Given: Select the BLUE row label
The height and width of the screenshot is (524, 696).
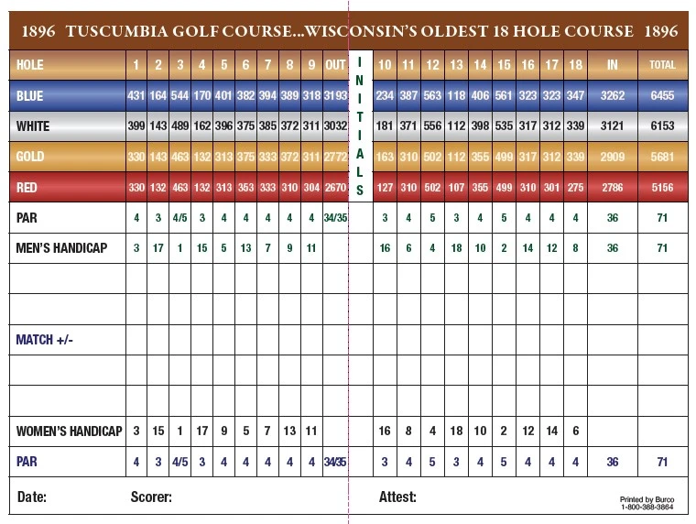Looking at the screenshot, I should tap(30, 95).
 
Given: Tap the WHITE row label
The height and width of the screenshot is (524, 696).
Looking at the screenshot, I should tap(34, 126).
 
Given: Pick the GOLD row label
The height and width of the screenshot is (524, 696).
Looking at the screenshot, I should tap(30, 158).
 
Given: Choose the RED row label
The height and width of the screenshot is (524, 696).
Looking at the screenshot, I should tap(28, 188).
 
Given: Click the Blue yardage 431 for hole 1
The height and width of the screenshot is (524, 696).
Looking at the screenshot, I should tap(136, 95).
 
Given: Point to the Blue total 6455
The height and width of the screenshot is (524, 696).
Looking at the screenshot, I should tap(662, 95).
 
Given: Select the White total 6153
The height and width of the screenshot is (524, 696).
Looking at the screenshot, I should tap(662, 126).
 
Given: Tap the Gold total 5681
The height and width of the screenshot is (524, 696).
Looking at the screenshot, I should tap(662, 158).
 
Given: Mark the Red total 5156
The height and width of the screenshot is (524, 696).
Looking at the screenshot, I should tap(662, 188).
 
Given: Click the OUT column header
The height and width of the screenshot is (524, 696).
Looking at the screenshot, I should tap(335, 65).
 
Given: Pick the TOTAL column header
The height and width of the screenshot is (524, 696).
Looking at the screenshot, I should tap(662, 65).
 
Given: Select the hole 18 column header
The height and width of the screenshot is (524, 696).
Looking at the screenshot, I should tap(575, 65).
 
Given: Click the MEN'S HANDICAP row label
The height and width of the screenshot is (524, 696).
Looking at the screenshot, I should tap(62, 248).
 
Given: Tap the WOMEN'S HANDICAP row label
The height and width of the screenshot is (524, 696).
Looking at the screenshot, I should tap(69, 431).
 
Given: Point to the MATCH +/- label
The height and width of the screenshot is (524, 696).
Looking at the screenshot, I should tap(44, 340).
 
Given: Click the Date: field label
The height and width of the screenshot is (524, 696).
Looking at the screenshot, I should tap(32, 497).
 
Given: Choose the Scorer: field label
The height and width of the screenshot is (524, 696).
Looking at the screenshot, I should tap(151, 497).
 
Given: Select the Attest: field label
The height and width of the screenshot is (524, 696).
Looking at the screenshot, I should tap(397, 497).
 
